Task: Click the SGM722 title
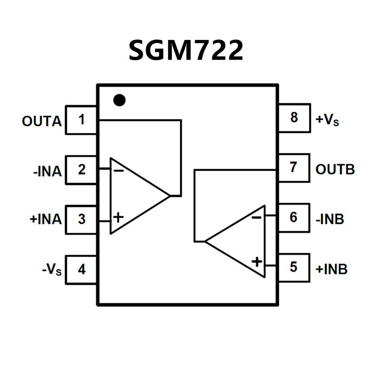tap(185, 50)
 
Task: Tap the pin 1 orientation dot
tap(119, 100)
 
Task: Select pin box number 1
tap(81, 120)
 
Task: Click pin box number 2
tap(81, 170)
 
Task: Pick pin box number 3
tap(81, 220)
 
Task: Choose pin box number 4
tap(81, 270)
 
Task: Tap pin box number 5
tap(294, 267)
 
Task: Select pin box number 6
tap(294, 217)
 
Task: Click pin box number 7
tap(294, 167)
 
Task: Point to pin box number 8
tap(294, 117)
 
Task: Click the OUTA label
tap(41, 121)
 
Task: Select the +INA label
tap(45, 219)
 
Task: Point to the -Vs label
tap(51, 270)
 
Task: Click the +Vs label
tap(327, 120)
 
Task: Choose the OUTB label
tap(335, 170)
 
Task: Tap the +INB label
tap(331, 269)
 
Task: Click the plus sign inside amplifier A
tap(118, 217)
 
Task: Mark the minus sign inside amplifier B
tap(257, 217)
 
